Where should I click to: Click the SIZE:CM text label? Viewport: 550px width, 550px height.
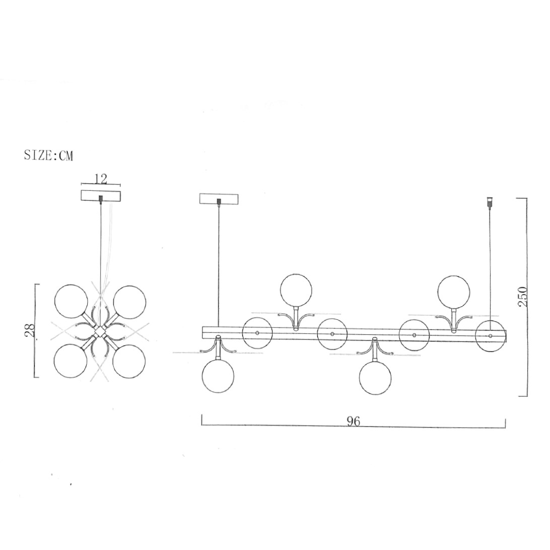(x=48, y=155)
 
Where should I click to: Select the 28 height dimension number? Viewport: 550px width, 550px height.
(x=30, y=330)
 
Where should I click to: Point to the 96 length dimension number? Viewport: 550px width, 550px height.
(x=354, y=421)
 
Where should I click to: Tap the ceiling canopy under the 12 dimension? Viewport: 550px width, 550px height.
(x=101, y=196)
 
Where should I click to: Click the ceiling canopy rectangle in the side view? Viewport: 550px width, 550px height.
(x=219, y=198)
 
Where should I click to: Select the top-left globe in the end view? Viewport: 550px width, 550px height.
(x=71, y=302)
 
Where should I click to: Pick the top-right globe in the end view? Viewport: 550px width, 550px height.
(x=129, y=302)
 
